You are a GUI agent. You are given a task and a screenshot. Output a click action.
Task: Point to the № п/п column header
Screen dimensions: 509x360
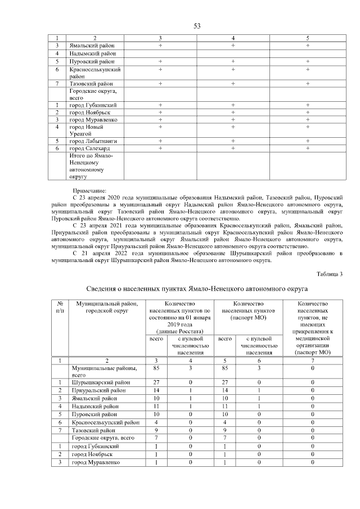coord(60,307)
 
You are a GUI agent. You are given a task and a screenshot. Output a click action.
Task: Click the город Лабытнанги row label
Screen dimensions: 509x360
coord(92,141)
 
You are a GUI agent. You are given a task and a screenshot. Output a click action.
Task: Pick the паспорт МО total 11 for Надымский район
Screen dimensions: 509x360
coord(226,406)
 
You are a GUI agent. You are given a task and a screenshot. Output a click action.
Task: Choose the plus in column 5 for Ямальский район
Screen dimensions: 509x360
coord(308,44)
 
